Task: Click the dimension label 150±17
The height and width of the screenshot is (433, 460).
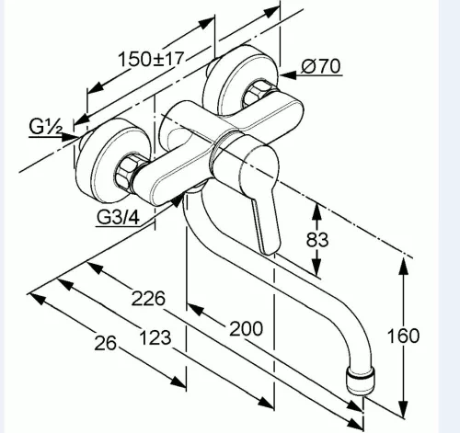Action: click(151, 59)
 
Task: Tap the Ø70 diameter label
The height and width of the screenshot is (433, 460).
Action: click(321, 66)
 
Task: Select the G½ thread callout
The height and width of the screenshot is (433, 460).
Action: click(46, 127)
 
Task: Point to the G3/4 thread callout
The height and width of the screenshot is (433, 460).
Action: click(119, 217)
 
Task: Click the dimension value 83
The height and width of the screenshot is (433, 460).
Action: click(317, 240)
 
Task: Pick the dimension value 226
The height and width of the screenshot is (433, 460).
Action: click(148, 299)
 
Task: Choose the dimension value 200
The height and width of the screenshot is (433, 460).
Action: click(246, 329)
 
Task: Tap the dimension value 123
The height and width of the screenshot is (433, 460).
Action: click(155, 338)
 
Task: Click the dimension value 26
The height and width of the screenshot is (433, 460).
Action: click(106, 343)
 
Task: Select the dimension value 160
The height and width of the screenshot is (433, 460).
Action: click(403, 336)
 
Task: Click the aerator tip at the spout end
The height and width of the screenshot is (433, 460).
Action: click(361, 381)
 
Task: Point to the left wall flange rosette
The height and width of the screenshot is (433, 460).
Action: click(112, 161)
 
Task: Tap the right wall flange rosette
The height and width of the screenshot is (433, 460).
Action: click(241, 80)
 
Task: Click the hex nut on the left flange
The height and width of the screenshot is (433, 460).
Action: click(126, 173)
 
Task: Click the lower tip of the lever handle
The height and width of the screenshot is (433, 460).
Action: click(270, 250)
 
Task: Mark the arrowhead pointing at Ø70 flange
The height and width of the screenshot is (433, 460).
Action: click(288, 75)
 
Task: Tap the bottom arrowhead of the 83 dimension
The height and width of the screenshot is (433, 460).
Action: click(316, 268)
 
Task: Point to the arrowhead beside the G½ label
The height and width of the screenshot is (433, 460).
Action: click(69, 137)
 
